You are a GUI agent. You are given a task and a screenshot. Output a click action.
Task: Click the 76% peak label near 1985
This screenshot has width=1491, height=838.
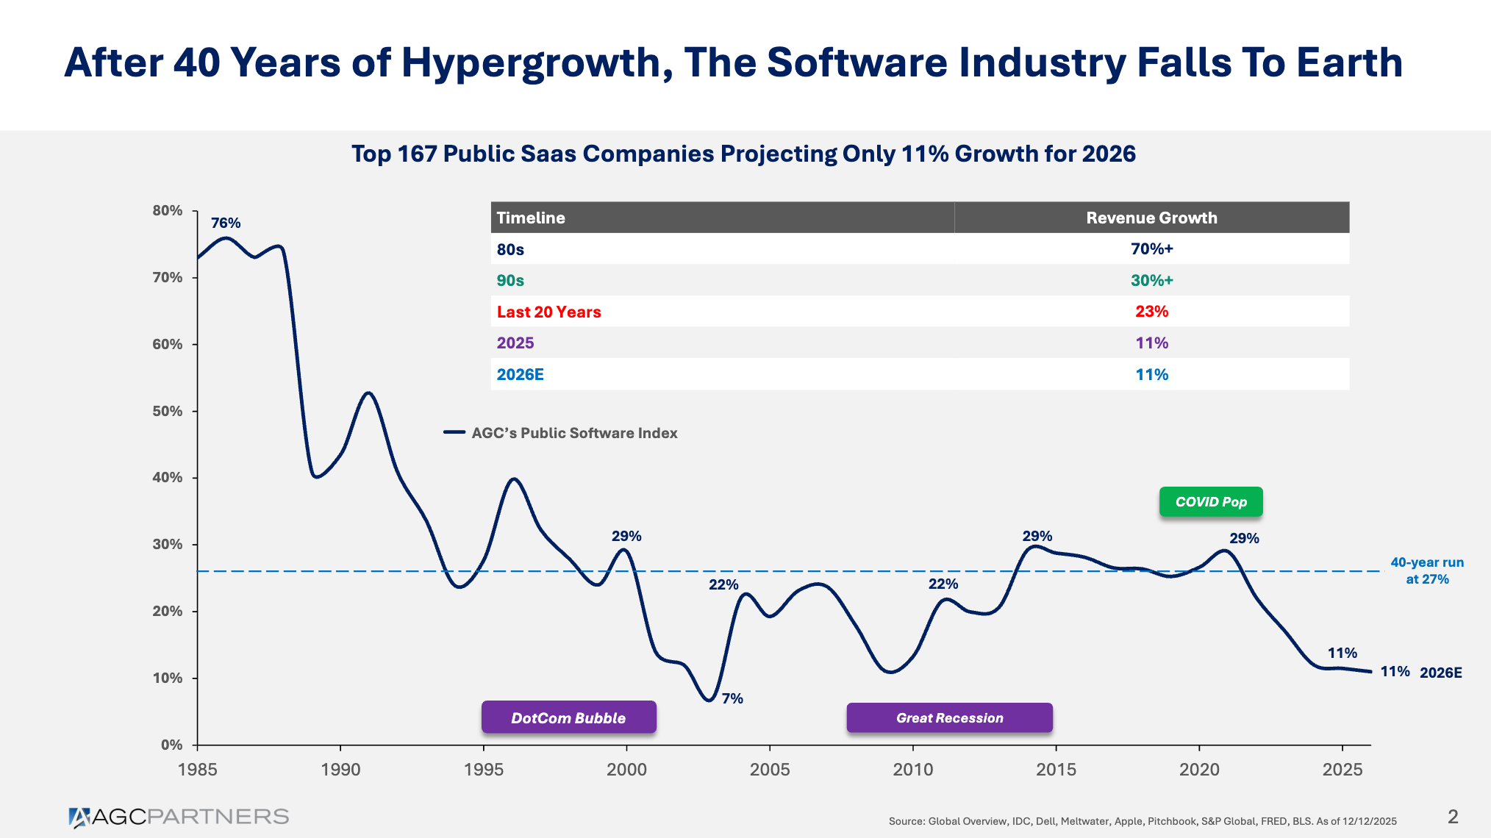[226, 223]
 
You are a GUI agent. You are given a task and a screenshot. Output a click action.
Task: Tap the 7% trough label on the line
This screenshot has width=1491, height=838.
[732, 698]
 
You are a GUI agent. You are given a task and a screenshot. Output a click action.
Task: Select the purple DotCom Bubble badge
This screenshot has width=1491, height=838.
[568, 717]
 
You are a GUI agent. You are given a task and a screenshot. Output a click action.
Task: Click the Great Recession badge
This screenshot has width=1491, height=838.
[949, 717]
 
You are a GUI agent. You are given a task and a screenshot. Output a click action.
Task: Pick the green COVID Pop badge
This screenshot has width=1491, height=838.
[1211, 502]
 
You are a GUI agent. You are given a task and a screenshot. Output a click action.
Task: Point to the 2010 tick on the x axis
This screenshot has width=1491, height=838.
[912, 769]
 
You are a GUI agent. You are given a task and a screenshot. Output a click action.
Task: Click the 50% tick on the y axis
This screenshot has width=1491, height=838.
[168, 411]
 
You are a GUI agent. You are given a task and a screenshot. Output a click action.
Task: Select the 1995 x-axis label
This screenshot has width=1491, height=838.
[483, 769]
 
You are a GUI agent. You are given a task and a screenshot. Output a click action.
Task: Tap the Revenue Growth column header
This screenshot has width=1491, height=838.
[1151, 218]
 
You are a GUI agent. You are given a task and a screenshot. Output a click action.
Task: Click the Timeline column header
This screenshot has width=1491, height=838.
[531, 218]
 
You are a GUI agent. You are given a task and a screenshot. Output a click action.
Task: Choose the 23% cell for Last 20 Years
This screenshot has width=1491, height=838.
[1151, 312]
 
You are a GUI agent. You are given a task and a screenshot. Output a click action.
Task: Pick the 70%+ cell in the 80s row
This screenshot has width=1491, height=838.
[1151, 249]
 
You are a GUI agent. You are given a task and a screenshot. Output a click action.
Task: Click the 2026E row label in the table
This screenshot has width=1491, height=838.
[520, 375]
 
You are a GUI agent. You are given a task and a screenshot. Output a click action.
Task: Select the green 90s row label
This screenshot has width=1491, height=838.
[510, 281]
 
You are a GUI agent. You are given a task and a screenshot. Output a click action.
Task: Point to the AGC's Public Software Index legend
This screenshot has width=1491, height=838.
[573, 433]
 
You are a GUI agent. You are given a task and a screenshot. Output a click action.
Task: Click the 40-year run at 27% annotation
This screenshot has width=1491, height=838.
[1426, 570]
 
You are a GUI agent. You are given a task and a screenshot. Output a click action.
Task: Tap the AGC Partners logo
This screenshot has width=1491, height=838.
[179, 817]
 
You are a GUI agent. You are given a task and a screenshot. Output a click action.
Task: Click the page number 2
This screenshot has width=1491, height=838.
[1453, 817]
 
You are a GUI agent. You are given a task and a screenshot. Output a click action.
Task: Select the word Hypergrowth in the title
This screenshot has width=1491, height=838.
[535, 63]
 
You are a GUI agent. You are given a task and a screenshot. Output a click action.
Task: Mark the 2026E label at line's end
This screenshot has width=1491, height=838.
[1440, 673]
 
